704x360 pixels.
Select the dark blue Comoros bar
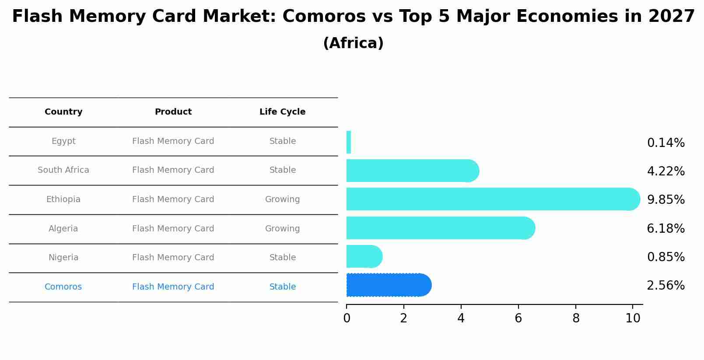(x=389, y=285)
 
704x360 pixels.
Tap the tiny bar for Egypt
(x=349, y=142)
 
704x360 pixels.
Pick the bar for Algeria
(x=440, y=228)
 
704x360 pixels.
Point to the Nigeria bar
(x=364, y=256)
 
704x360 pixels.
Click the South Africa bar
(x=412, y=171)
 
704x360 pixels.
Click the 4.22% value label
(x=665, y=171)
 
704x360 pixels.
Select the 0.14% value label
(x=665, y=143)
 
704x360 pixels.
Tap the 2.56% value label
(x=665, y=286)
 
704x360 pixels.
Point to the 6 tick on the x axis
(x=518, y=318)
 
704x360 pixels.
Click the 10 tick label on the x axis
(x=633, y=318)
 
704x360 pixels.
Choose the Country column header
(x=63, y=112)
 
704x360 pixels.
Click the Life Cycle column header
(x=282, y=112)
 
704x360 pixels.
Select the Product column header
(x=173, y=112)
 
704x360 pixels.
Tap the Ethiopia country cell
(x=63, y=199)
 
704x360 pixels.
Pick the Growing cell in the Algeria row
(x=282, y=228)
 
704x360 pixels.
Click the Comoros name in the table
(x=63, y=287)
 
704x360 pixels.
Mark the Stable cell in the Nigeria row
(x=282, y=258)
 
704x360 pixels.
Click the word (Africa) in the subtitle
(x=353, y=43)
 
